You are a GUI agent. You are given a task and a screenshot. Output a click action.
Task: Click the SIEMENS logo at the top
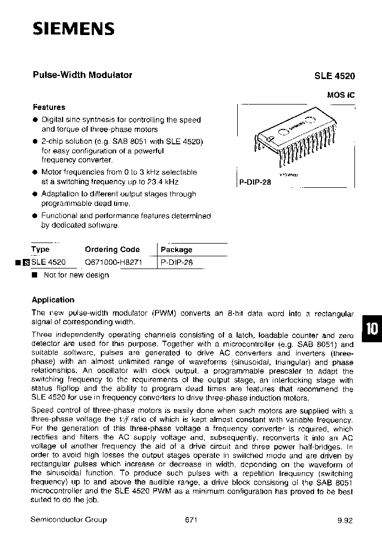(74, 29)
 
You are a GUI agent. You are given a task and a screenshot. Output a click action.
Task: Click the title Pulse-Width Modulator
(82, 75)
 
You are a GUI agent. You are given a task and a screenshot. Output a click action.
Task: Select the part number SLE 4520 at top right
(334, 76)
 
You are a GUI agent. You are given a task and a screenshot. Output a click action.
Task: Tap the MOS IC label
(340, 96)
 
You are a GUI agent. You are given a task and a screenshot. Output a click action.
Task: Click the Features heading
(49, 107)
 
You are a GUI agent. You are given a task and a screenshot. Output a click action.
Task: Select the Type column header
(40, 249)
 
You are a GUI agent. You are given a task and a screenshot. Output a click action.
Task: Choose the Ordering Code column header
(112, 249)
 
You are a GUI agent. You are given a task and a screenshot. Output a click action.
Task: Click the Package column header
(177, 249)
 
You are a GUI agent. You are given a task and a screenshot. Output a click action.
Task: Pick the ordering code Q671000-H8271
(114, 262)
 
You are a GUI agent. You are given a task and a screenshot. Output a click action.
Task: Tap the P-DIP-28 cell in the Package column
(177, 262)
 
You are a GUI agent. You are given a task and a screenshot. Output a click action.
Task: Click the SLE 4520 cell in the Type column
(49, 262)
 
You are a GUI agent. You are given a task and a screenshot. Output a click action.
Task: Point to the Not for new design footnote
(76, 275)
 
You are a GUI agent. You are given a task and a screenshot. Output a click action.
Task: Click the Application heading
(53, 299)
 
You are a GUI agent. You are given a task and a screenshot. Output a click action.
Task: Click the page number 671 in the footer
(191, 519)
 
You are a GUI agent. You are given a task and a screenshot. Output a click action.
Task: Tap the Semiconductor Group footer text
(69, 519)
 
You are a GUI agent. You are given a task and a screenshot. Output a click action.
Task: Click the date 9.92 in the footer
(344, 521)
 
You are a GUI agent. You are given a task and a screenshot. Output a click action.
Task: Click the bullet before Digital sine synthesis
(34, 120)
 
